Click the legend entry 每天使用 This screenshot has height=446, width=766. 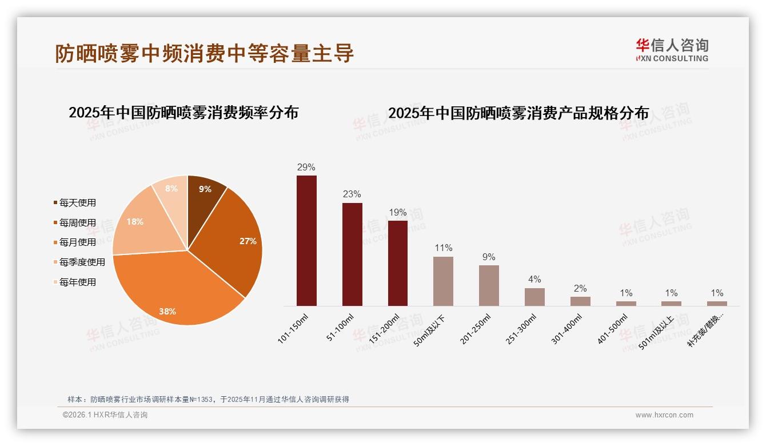(77, 203)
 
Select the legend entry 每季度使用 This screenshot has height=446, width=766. (82, 262)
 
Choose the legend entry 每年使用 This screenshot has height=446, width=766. (77, 282)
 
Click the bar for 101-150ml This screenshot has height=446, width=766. (306, 241)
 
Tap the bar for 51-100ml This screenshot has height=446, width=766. (352, 254)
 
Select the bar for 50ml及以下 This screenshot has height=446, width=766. (443, 281)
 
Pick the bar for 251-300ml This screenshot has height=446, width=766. (534, 297)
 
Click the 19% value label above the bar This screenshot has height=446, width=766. (398, 213)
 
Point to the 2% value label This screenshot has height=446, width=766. (580, 289)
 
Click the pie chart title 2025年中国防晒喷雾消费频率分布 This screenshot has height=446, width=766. (183, 113)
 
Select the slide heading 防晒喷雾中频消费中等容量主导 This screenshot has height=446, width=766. (205, 53)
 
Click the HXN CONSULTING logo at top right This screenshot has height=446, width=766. (672, 50)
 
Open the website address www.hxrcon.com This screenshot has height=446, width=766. (664, 415)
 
